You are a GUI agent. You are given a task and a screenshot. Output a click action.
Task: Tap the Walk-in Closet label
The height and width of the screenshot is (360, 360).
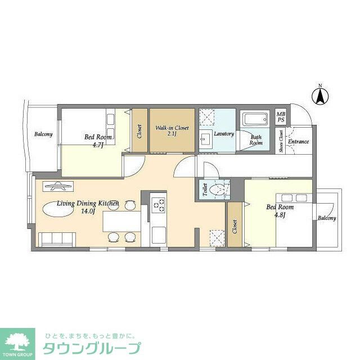pyautogui.click(x=172, y=128)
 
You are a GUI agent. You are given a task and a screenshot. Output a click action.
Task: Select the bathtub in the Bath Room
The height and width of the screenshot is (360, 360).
pyautogui.click(x=255, y=119)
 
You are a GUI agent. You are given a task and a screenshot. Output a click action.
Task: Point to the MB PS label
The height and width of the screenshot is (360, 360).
pyautogui.click(x=281, y=117)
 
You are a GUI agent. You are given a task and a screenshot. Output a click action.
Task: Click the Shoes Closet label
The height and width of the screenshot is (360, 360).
pyautogui.click(x=281, y=141)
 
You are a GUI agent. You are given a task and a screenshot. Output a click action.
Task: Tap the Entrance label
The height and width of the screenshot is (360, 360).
pyautogui.click(x=298, y=141)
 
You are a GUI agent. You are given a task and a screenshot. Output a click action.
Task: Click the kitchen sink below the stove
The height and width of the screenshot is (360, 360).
pyautogui.click(x=158, y=235)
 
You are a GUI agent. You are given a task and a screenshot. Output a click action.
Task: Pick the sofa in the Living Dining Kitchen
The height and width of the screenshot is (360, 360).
pyautogui.click(x=57, y=239)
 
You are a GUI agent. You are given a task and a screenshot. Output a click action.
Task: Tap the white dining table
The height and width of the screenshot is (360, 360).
pyautogui.click(x=121, y=221)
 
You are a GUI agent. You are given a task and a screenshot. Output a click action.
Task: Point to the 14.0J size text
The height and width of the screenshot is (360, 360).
pyautogui.click(x=88, y=211)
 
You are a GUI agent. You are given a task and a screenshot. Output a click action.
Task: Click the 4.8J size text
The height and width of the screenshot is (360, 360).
pyautogui.click(x=280, y=215)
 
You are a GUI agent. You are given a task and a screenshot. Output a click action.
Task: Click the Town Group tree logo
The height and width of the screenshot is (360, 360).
pyautogui.click(x=17, y=341)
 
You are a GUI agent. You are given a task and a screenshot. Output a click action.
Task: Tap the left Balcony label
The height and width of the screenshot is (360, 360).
pyautogui.click(x=43, y=134)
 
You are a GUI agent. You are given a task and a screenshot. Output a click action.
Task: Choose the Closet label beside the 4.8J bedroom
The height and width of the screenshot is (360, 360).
pyautogui.click(x=235, y=227)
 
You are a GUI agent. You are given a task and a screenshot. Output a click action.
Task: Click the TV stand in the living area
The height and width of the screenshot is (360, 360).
pyautogui.click(x=58, y=186)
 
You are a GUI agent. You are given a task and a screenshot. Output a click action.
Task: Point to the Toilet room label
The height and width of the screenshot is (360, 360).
pyautogui.click(x=205, y=190)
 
